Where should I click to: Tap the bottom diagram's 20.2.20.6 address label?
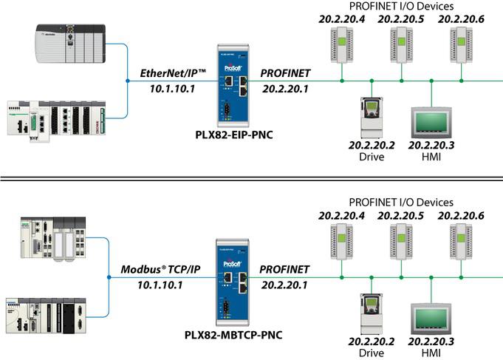(x=461, y=216)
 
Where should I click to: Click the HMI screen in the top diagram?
(x=432, y=120)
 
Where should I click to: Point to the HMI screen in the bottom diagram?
(x=432, y=317)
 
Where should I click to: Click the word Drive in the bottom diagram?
(x=372, y=353)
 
